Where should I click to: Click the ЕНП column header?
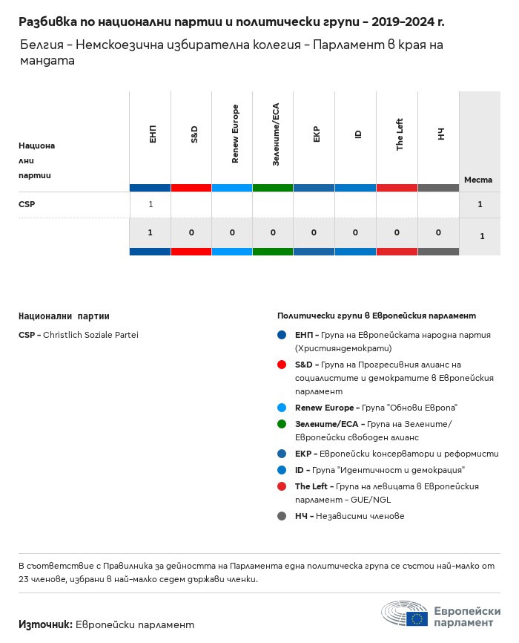(151, 135)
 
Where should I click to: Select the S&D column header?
(193, 135)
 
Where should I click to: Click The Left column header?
(399, 135)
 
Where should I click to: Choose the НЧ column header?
(440, 135)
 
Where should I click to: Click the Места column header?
(478, 180)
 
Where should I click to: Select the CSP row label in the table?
(27, 204)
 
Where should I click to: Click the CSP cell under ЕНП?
(151, 204)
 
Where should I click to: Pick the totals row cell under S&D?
(191, 232)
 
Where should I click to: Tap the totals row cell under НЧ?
(439, 232)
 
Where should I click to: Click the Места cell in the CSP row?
(480, 204)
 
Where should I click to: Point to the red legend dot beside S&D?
(282, 365)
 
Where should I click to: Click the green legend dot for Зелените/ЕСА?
(282, 424)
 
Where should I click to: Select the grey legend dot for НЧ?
(282, 516)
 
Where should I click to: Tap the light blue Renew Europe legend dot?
(282, 408)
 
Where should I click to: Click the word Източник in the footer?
(45, 624)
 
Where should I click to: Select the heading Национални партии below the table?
(64, 316)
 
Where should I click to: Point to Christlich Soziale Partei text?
(90, 335)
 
